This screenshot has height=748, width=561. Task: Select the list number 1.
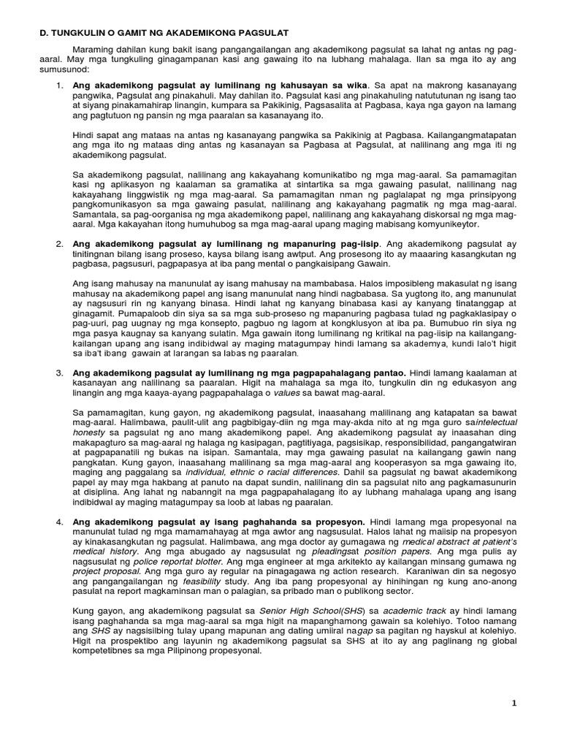pos(60,85)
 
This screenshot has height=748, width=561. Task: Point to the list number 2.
pos(60,243)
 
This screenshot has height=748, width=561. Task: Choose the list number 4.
pos(60,524)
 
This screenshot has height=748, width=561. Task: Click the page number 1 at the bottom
pos(514,703)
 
